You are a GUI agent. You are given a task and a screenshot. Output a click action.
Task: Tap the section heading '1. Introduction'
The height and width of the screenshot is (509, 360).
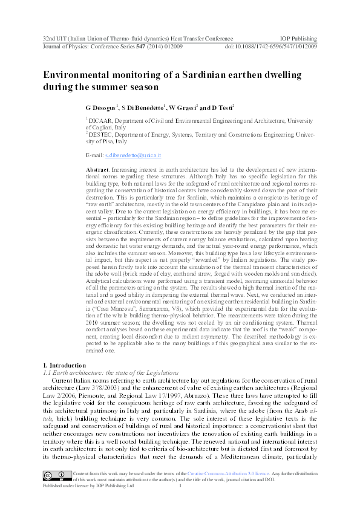pos(66,365)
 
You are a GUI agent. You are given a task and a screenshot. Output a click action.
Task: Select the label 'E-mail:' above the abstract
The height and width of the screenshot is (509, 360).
pos(96,155)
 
